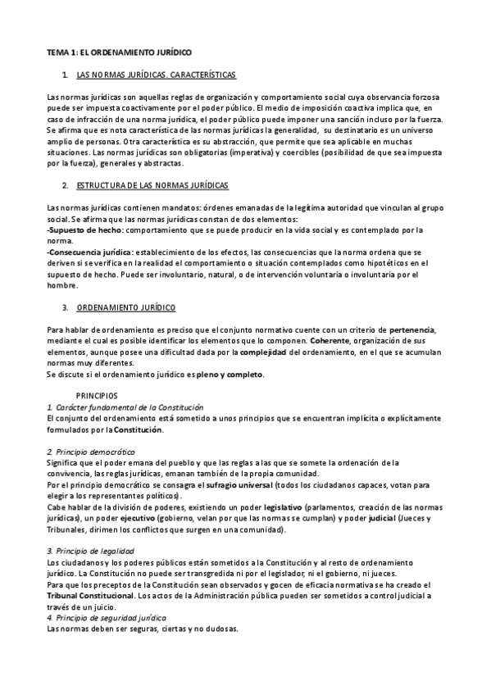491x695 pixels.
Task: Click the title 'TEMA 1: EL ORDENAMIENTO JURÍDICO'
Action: pos(119,52)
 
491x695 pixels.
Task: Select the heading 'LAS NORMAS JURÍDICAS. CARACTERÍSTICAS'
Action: pos(155,75)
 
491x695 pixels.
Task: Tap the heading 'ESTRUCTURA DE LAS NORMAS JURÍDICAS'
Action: pos(152,187)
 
